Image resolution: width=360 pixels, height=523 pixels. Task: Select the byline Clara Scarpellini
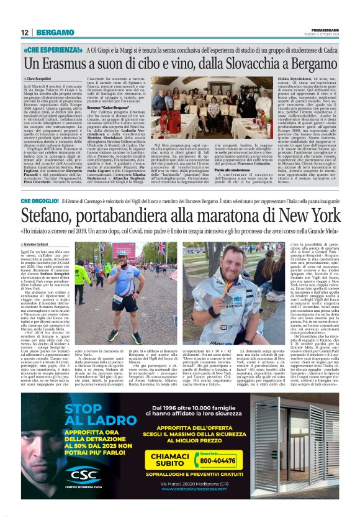click(42, 81)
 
